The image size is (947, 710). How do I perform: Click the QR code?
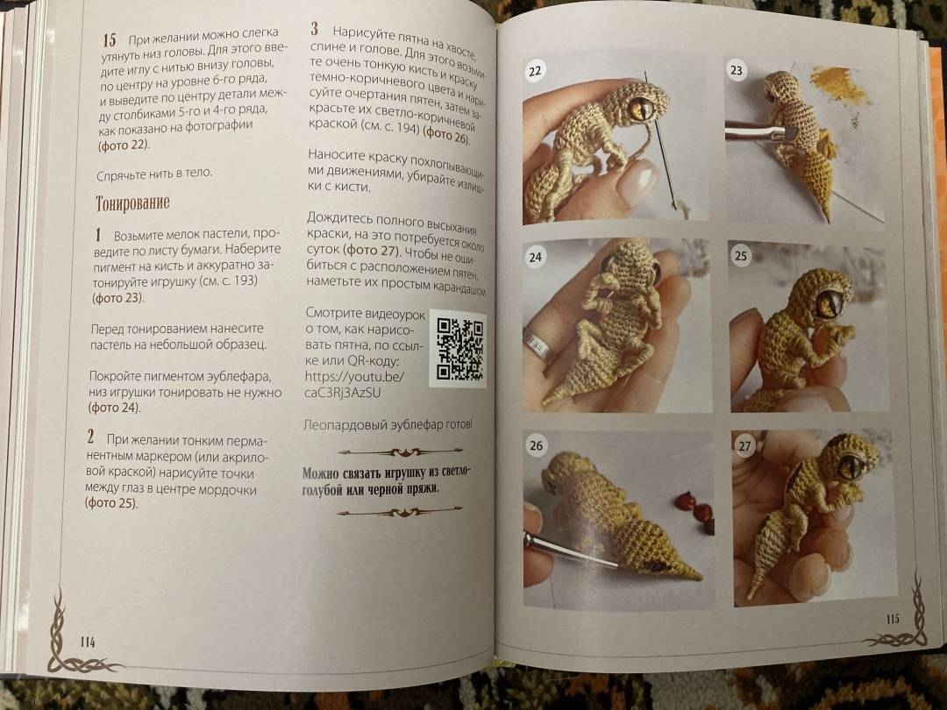point(459,349)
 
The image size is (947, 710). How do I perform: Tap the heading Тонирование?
point(132,203)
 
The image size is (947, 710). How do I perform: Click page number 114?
point(88,642)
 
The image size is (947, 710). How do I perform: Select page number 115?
point(893,619)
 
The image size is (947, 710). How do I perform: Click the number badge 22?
point(535,71)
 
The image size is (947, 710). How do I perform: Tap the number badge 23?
point(737,69)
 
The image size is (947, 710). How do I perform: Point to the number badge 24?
point(535,257)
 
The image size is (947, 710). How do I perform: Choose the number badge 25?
point(740,255)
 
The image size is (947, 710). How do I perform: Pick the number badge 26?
point(536,445)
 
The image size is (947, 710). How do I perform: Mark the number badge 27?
point(744,445)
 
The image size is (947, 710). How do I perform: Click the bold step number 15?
point(110,39)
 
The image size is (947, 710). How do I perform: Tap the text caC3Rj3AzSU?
point(343,393)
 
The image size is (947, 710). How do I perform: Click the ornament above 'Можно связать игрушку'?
point(400,451)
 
